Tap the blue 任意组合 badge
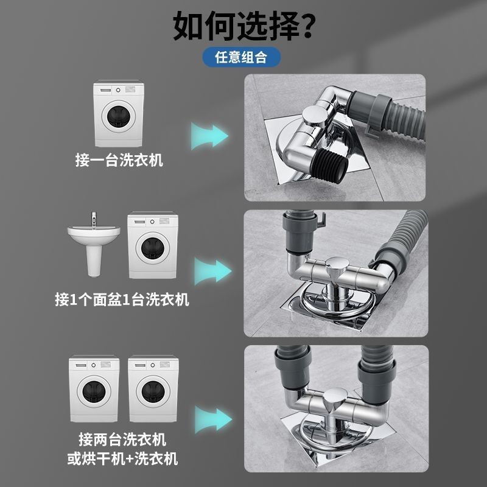click(x=241, y=57)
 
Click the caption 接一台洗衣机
click(x=119, y=160)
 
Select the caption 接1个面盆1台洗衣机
click(x=122, y=300)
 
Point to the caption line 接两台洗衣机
click(x=122, y=440)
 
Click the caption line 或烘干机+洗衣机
click(x=123, y=459)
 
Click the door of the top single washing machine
click(x=119, y=116)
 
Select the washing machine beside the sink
click(x=153, y=245)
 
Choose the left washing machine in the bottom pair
click(x=94, y=388)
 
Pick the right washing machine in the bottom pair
click(x=153, y=388)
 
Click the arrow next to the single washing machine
click(x=209, y=136)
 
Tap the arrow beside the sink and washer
click(x=213, y=272)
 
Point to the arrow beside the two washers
click(x=214, y=419)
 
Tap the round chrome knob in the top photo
click(x=314, y=115)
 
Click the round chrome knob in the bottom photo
click(x=335, y=399)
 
